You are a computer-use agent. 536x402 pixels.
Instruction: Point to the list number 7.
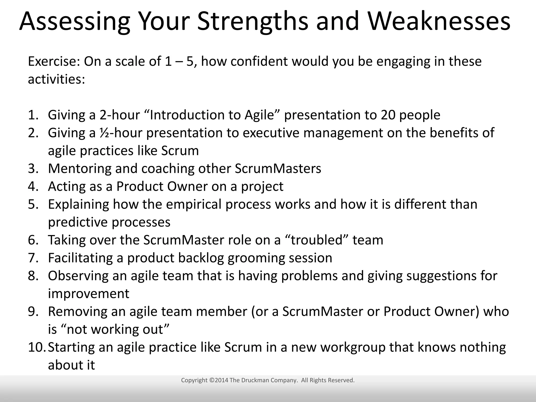[33, 258]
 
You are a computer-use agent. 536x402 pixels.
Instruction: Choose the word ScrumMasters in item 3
[278, 169]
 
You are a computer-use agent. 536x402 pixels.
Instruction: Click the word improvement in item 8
[88, 294]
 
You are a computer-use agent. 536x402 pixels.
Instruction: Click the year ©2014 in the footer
[219, 380]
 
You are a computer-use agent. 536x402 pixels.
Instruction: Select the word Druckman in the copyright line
[255, 380]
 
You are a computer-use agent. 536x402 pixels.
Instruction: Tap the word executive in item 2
[271, 133]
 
